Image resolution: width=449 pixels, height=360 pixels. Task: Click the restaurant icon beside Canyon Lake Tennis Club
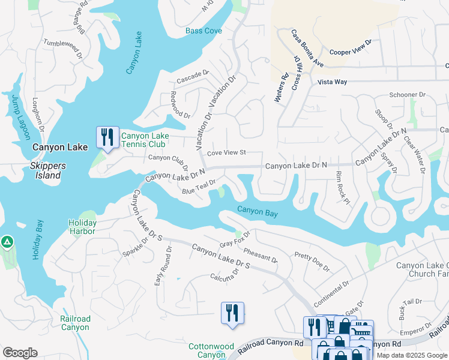pos(107,137)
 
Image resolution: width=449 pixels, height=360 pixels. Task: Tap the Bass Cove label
pos(203,31)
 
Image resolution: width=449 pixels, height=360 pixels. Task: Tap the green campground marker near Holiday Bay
pos(7,241)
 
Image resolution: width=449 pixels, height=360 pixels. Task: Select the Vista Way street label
pos(332,82)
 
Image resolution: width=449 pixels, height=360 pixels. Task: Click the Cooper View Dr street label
pos(351,48)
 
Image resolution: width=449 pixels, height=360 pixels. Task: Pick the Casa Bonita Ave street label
pos(307,48)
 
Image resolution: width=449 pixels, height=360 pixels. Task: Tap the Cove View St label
pos(227,153)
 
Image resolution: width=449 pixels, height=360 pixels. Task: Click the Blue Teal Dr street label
pos(198,187)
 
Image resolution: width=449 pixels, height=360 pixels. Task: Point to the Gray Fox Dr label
pos(234,241)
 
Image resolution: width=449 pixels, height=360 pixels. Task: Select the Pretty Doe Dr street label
pos(312,262)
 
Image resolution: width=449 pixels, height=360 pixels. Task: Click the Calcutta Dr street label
pos(224,273)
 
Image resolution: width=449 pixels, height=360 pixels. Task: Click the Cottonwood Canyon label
pos(211,351)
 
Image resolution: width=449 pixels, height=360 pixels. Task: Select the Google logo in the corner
pos(20,353)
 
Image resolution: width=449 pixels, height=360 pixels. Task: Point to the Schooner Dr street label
pos(407,95)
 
